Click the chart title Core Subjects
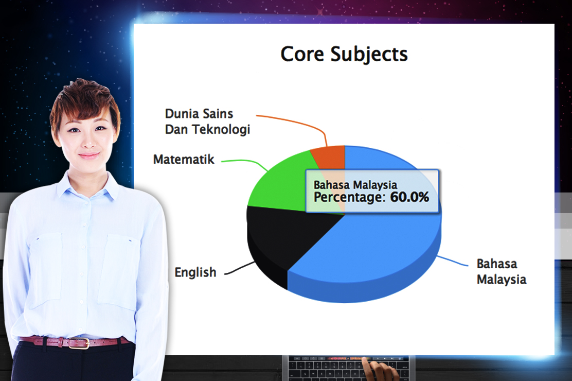point(344,54)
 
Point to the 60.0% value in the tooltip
point(409,197)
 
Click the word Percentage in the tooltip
point(349,198)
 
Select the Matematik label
point(184,159)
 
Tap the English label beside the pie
point(195,272)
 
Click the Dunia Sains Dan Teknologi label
point(207,122)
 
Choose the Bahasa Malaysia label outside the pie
point(501,271)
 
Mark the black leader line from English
point(239,268)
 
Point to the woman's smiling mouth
point(88,155)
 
